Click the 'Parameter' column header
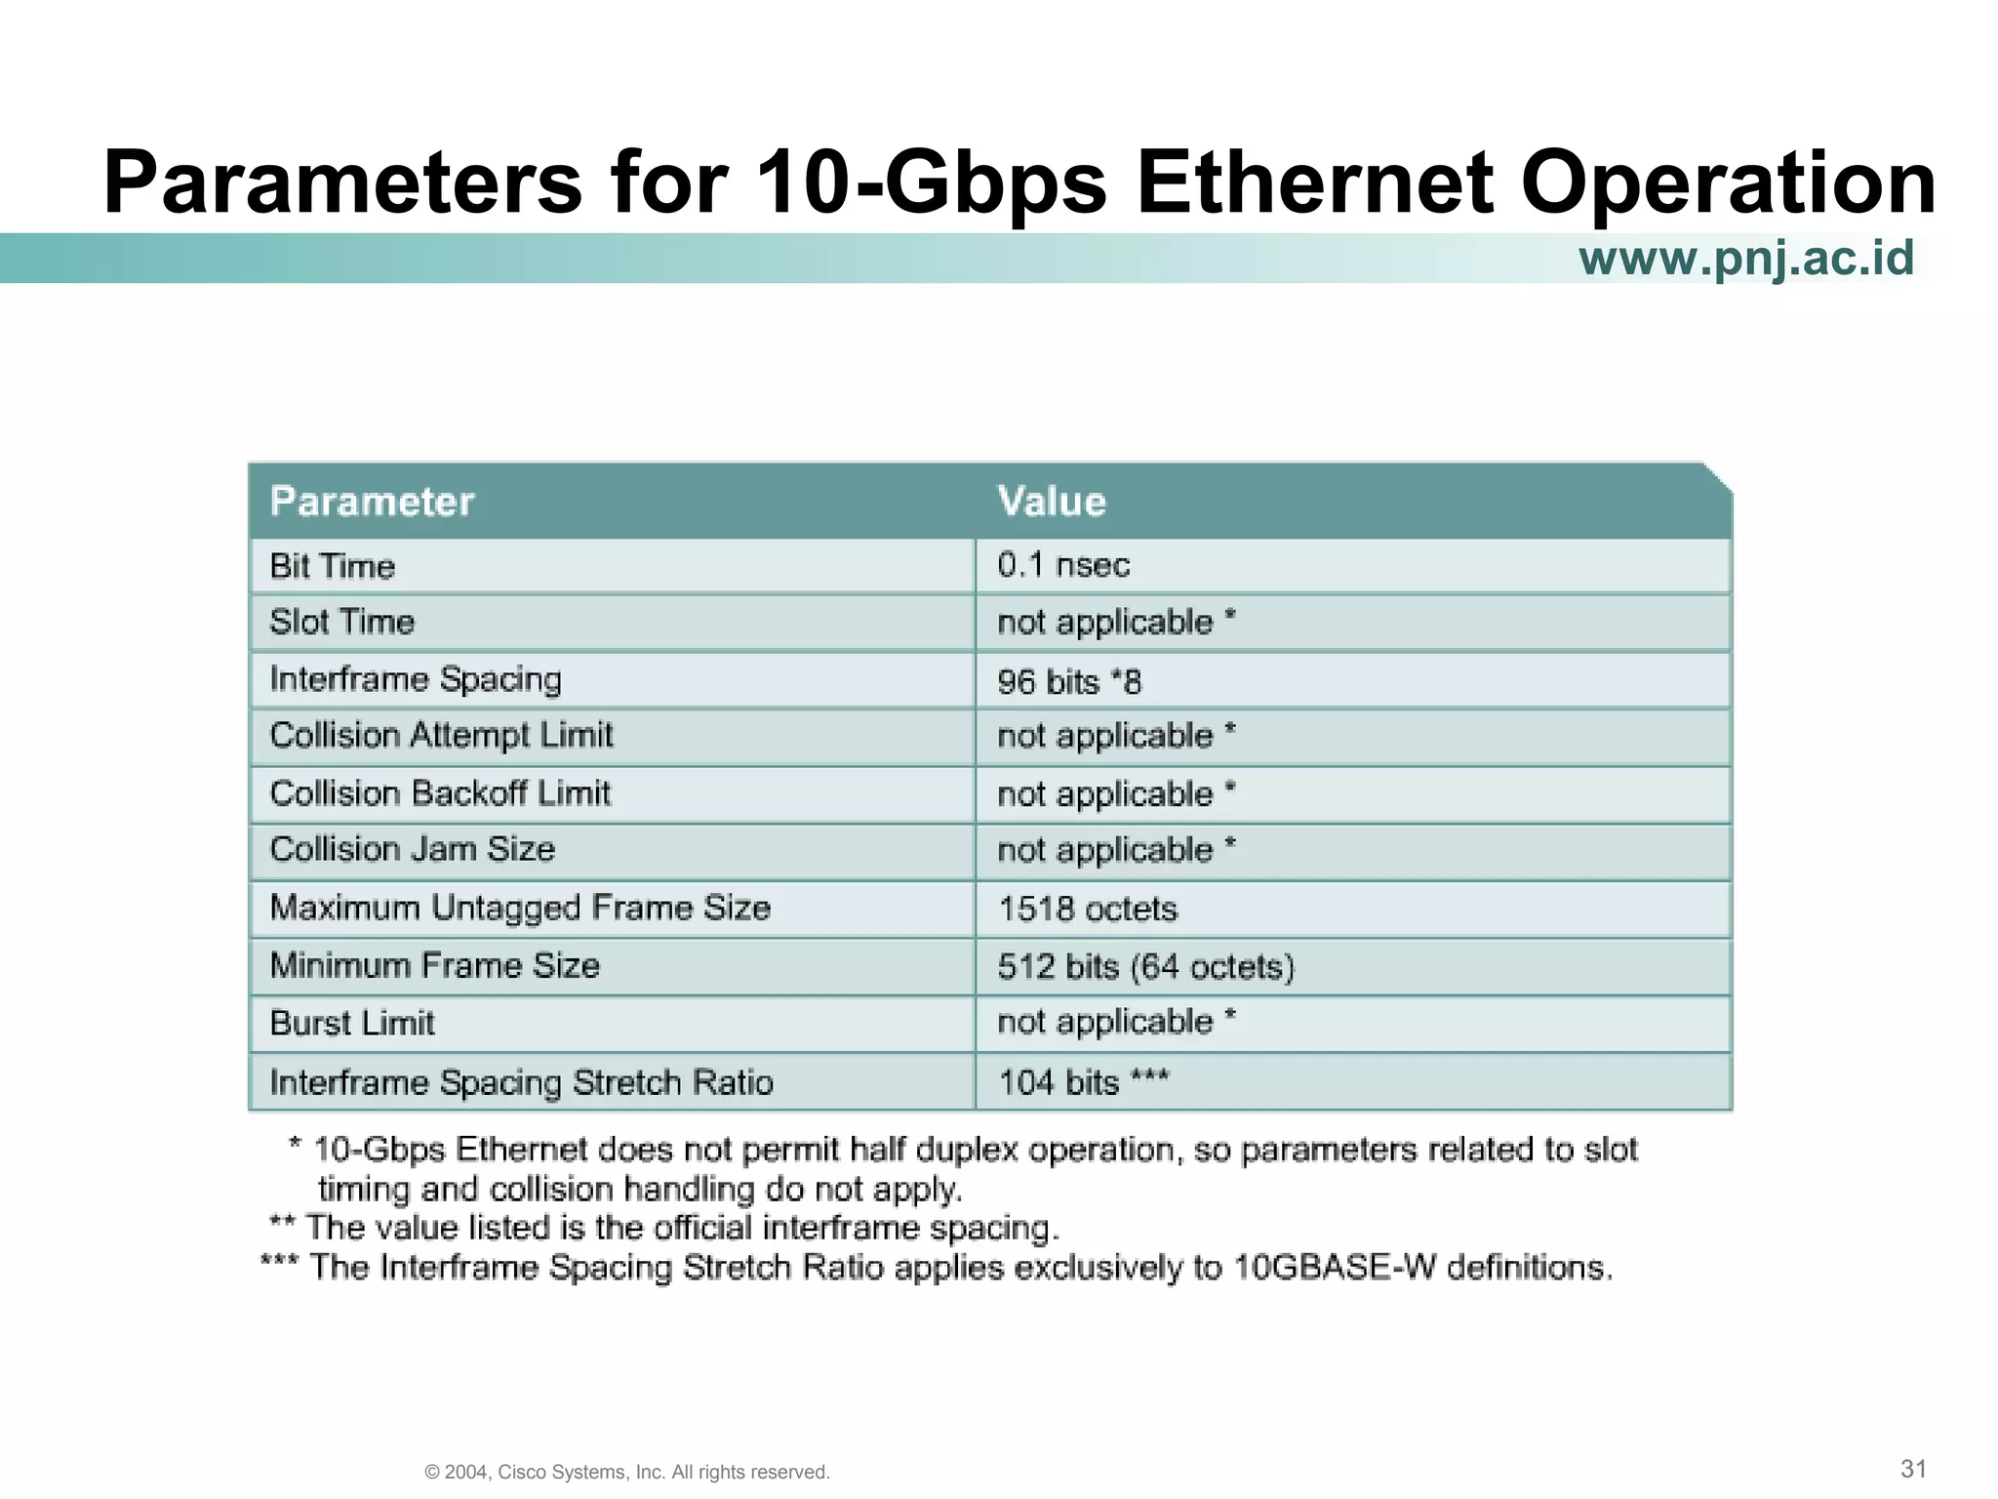point(372,502)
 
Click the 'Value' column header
point(1052,502)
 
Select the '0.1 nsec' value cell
point(1063,565)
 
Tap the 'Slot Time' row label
point(342,622)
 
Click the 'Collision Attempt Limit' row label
point(441,735)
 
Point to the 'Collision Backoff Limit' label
point(440,792)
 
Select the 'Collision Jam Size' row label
point(413,849)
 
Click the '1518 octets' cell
point(1087,909)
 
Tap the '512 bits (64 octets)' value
point(1145,966)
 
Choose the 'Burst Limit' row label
point(352,1023)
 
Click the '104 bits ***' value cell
point(1083,1082)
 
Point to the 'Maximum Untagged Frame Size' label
point(520,908)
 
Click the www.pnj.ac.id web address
point(1746,259)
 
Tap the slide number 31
point(1913,1468)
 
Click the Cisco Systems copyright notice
point(627,1472)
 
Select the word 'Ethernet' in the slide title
point(1313,182)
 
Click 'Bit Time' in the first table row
point(333,566)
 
